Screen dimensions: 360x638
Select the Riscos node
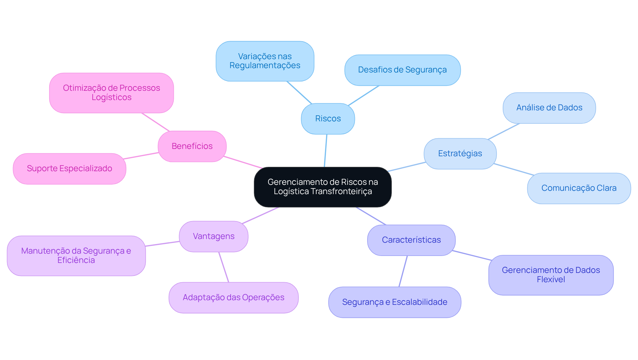(x=328, y=119)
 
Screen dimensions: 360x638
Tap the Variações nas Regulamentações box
(x=265, y=61)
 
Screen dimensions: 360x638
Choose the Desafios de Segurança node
(x=402, y=70)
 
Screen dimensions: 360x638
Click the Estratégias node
(x=460, y=154)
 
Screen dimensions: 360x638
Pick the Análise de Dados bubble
(x=549, y=108)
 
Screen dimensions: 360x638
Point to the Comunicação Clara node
(x=579, y=188)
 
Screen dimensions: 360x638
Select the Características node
(x=411, y=240)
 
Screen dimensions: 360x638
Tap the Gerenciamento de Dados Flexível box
(x=551, y=275)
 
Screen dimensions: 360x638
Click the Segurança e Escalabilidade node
(x=394, y=302)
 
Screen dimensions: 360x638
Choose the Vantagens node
(x=213, y=236)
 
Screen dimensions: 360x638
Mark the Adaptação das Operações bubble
(x=233, y=298)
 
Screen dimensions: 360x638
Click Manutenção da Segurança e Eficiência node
(x=76, y=256)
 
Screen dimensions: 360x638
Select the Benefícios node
(x=192, y=146)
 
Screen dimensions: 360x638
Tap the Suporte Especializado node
(x=69, y=169)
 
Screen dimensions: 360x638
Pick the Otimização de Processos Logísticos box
(x=111, y=93)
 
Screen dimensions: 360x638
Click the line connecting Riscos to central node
(x=326, y=151)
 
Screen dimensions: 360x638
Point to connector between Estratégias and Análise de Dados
(x=504, y=131)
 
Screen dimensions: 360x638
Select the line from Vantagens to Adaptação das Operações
(x=224, y=267)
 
